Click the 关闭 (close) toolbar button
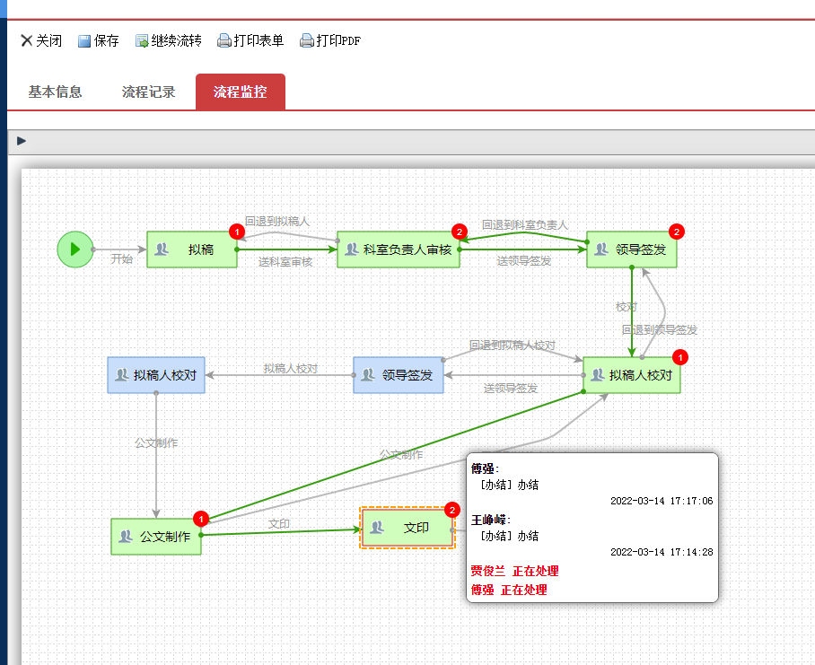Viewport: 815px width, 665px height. point(41,40)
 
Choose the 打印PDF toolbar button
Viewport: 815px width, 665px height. point(330,40)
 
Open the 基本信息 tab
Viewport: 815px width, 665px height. point(55,92)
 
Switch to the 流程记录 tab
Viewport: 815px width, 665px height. point(148,92)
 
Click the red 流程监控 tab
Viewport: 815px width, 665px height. point(240,92)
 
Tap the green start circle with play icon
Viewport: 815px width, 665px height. point(74,249)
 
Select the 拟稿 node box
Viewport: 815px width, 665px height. point(192,249)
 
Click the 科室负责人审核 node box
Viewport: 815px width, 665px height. point(399,249)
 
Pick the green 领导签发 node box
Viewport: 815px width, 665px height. point(632,249)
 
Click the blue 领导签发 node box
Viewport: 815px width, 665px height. point(399,375)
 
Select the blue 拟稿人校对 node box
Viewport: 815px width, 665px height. point(156,375)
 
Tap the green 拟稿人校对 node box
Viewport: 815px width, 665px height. point(632,375)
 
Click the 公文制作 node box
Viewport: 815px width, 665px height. point(156,537)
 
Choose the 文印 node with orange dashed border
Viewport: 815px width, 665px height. point(407,528)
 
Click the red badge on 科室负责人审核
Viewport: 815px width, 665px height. point(460,232)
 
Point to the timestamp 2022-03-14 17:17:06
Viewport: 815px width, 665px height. point(662,501)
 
